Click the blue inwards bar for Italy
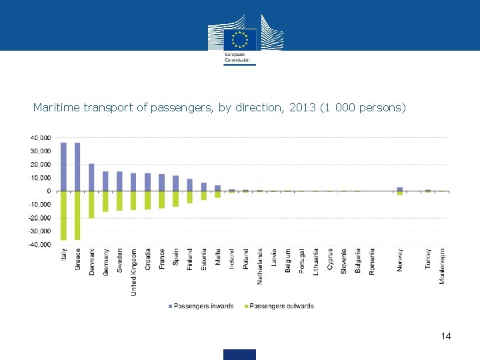63,167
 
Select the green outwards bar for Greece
77,215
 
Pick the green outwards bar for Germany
105,201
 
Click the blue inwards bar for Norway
399,189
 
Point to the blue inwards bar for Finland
189,185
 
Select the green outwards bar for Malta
217,194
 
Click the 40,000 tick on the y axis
39,137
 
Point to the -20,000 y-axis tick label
38,218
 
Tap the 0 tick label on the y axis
47,191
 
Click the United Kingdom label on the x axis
133,272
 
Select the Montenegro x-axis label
442,265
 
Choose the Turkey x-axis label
428,259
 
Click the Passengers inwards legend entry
204,306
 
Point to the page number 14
446,336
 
